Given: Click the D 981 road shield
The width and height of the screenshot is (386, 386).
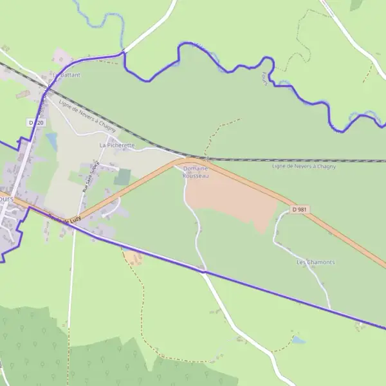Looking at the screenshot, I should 298,209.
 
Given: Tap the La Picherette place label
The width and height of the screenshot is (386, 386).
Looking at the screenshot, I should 117,145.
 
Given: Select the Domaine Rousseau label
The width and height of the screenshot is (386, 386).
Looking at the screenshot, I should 196,172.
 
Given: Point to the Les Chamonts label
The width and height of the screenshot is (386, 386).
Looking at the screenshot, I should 315,262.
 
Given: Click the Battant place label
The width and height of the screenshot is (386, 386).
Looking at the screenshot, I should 70,75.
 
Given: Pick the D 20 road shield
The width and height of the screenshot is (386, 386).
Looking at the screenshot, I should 37,122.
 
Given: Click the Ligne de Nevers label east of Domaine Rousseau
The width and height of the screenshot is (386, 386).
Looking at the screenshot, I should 304,166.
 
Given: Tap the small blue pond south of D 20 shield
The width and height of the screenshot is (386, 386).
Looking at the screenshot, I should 51,141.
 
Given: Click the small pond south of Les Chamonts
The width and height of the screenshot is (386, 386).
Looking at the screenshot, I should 298,338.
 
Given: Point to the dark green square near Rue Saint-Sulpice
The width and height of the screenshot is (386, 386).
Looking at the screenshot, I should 122,177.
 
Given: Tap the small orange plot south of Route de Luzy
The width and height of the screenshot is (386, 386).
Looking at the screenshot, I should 133,258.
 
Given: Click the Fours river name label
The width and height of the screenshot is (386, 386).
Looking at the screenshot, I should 264,77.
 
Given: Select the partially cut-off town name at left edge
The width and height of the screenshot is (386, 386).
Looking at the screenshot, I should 6,199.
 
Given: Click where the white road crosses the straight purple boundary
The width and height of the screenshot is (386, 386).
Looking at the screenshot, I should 203,271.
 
